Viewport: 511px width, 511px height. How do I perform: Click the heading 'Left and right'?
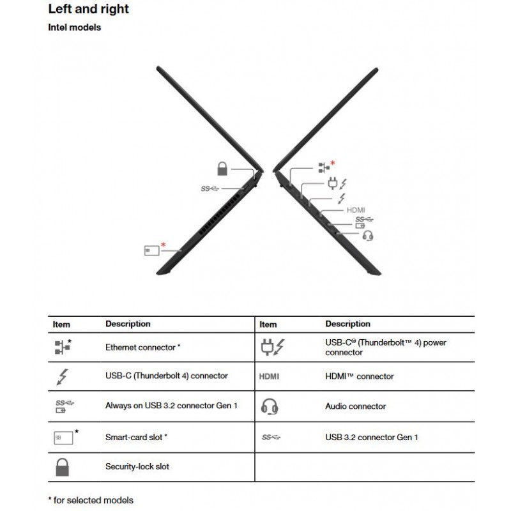(88, 9)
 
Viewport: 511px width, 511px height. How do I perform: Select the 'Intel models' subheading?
(75, 27)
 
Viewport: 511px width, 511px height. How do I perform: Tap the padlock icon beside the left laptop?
(222, 169)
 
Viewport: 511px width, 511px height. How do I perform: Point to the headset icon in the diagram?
(367, 236)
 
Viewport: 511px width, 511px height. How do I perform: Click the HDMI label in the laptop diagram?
(356, 210)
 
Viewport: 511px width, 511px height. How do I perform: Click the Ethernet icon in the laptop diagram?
(323, 168)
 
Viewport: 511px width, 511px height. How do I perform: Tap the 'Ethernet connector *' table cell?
(143, 347)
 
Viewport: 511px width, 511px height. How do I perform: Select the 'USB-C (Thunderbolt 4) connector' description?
(166, 376)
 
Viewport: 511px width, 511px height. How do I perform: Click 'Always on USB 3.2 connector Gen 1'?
(171, 406)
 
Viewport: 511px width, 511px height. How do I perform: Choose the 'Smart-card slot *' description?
(136, 438)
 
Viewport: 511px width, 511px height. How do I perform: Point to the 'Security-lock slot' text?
(137, 467)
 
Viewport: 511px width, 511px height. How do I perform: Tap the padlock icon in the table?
(62, 467)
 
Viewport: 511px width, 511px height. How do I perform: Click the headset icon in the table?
(270, 406)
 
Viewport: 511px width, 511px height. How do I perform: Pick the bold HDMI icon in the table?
(270, 377)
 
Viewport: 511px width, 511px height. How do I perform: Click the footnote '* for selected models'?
(91, 500)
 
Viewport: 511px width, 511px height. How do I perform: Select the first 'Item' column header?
(61, 324)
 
